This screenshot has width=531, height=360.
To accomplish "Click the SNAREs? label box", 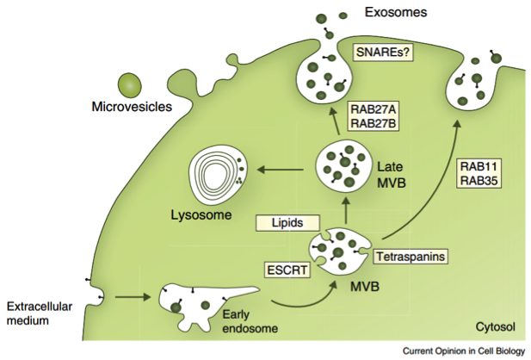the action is (x=383, y=52).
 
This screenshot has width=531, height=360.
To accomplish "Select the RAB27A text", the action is (x=374, y=110).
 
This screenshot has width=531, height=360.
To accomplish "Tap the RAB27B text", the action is (x=374, y=123).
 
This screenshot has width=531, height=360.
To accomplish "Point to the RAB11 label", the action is (x=479, y=166).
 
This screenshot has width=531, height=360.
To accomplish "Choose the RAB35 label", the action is (x=479, y=180).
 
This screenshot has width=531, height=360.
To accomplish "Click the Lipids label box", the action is (x=287, y=223).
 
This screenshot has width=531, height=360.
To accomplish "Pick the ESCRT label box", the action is (x=287, y=270).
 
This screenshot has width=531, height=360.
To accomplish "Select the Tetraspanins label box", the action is (x=411, y=257).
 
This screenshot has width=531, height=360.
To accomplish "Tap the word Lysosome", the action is (x=201, y=215).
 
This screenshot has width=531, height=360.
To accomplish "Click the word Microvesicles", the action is (x=132, y=107).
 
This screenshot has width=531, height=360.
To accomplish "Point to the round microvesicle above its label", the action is (x=129, y=84).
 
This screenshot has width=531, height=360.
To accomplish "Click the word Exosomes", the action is (x=396, y=12).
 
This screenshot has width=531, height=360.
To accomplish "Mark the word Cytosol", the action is (x=495, y=326).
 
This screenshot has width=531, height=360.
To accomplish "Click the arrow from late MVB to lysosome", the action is (x=280, y=169).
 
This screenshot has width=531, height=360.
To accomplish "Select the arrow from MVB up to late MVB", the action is (x=346, y=210).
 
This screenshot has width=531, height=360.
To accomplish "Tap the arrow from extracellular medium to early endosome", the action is (x=133, y=297).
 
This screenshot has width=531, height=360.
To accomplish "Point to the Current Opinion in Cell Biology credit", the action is (x=464, y=351).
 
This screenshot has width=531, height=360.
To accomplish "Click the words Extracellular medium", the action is (x=40, y=313).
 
